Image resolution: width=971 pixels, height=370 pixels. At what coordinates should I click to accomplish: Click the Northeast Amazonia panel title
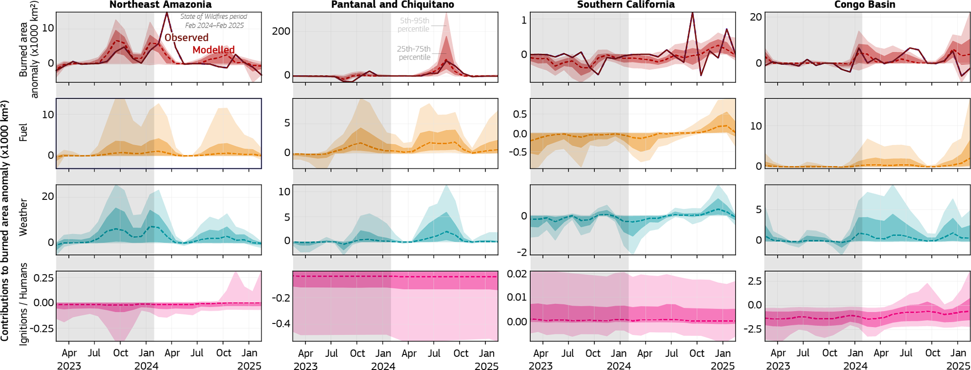pyautogui.click(x=160, y=5)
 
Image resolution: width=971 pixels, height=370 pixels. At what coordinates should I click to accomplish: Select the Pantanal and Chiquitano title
pyautogui.click(x=393, y=5)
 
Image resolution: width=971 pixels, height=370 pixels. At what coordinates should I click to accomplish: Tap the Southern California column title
pyautogui.click(x=626, y=5)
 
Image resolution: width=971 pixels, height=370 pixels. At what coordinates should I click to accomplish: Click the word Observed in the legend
pyautogui.click(x=186, y=38)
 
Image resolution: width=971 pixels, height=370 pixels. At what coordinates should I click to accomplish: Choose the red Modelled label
pyautogui.click(x=213, y=50)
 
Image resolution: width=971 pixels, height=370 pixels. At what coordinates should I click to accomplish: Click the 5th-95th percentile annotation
pyautogui.click(x=413, y=25)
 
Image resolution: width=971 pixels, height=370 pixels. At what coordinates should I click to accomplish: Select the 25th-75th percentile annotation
pyautogui.click(x=414, y=53)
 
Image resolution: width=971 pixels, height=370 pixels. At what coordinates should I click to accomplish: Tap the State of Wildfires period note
pyautogui.click(x=214, y=21)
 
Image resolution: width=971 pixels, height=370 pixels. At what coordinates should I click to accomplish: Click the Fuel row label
pyautogui.click(x=23, y=133)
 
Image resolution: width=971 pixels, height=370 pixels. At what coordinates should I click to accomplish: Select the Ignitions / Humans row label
pyautogui.click(x=23, y=304)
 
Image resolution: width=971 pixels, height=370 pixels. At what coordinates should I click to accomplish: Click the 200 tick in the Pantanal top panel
pyautogui.click(x=281, y=31)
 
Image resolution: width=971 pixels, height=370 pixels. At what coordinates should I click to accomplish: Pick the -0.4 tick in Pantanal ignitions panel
pyautogui.click(x=280, y=323)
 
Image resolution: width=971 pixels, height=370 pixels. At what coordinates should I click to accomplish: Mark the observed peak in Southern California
pyautogui.click(x=692, y=13)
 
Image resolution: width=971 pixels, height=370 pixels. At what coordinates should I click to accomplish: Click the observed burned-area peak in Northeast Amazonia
pyautogui.click(x=167, y=13)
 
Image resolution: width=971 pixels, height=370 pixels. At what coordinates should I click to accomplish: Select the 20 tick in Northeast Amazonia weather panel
pyautogui.click(x=48, y=197)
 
